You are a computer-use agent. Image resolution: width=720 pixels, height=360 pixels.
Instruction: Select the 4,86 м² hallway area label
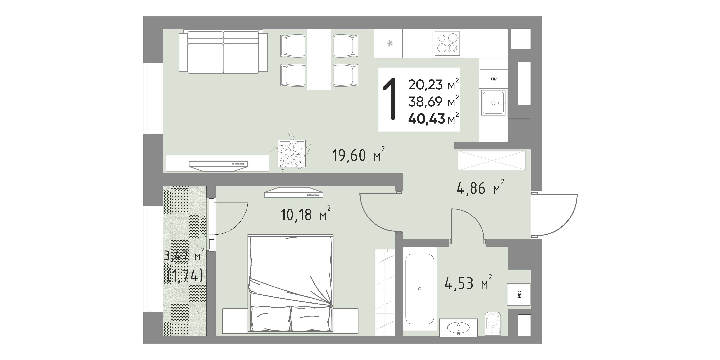480,187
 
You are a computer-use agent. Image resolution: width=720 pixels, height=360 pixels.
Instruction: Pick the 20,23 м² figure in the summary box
433,84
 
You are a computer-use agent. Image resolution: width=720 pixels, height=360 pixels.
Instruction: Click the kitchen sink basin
493,103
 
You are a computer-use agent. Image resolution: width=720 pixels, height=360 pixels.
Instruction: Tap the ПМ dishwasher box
494,79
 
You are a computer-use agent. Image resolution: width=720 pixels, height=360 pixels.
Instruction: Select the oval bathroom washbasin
458,328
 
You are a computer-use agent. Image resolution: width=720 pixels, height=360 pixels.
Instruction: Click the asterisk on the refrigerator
389,44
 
